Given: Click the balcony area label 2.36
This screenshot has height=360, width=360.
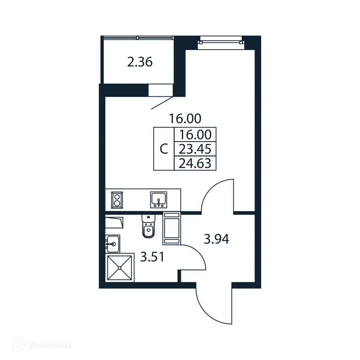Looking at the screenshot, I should tap(140, 63).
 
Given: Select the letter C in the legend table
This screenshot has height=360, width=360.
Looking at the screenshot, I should tap(164, 149).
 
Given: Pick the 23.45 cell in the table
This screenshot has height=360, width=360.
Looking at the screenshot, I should tap(195, 149).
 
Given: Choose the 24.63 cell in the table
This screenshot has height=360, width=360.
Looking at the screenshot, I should tap(195, 163).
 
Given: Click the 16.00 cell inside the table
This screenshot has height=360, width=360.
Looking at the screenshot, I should tap(195, 135).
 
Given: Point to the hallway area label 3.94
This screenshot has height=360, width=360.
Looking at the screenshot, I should tap(217, 239).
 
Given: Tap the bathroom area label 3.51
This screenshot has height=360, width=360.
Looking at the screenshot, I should tap(153, 258).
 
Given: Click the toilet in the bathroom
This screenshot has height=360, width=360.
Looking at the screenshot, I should tap(148, 227).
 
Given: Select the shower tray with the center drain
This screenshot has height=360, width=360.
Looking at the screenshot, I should tap(120, 268).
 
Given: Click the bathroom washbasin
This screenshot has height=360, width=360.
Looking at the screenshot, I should tap(113, 243).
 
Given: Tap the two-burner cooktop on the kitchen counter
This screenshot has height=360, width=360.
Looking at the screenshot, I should tap(117, 200).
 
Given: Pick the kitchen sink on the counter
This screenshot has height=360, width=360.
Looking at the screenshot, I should tap(159, 200).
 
